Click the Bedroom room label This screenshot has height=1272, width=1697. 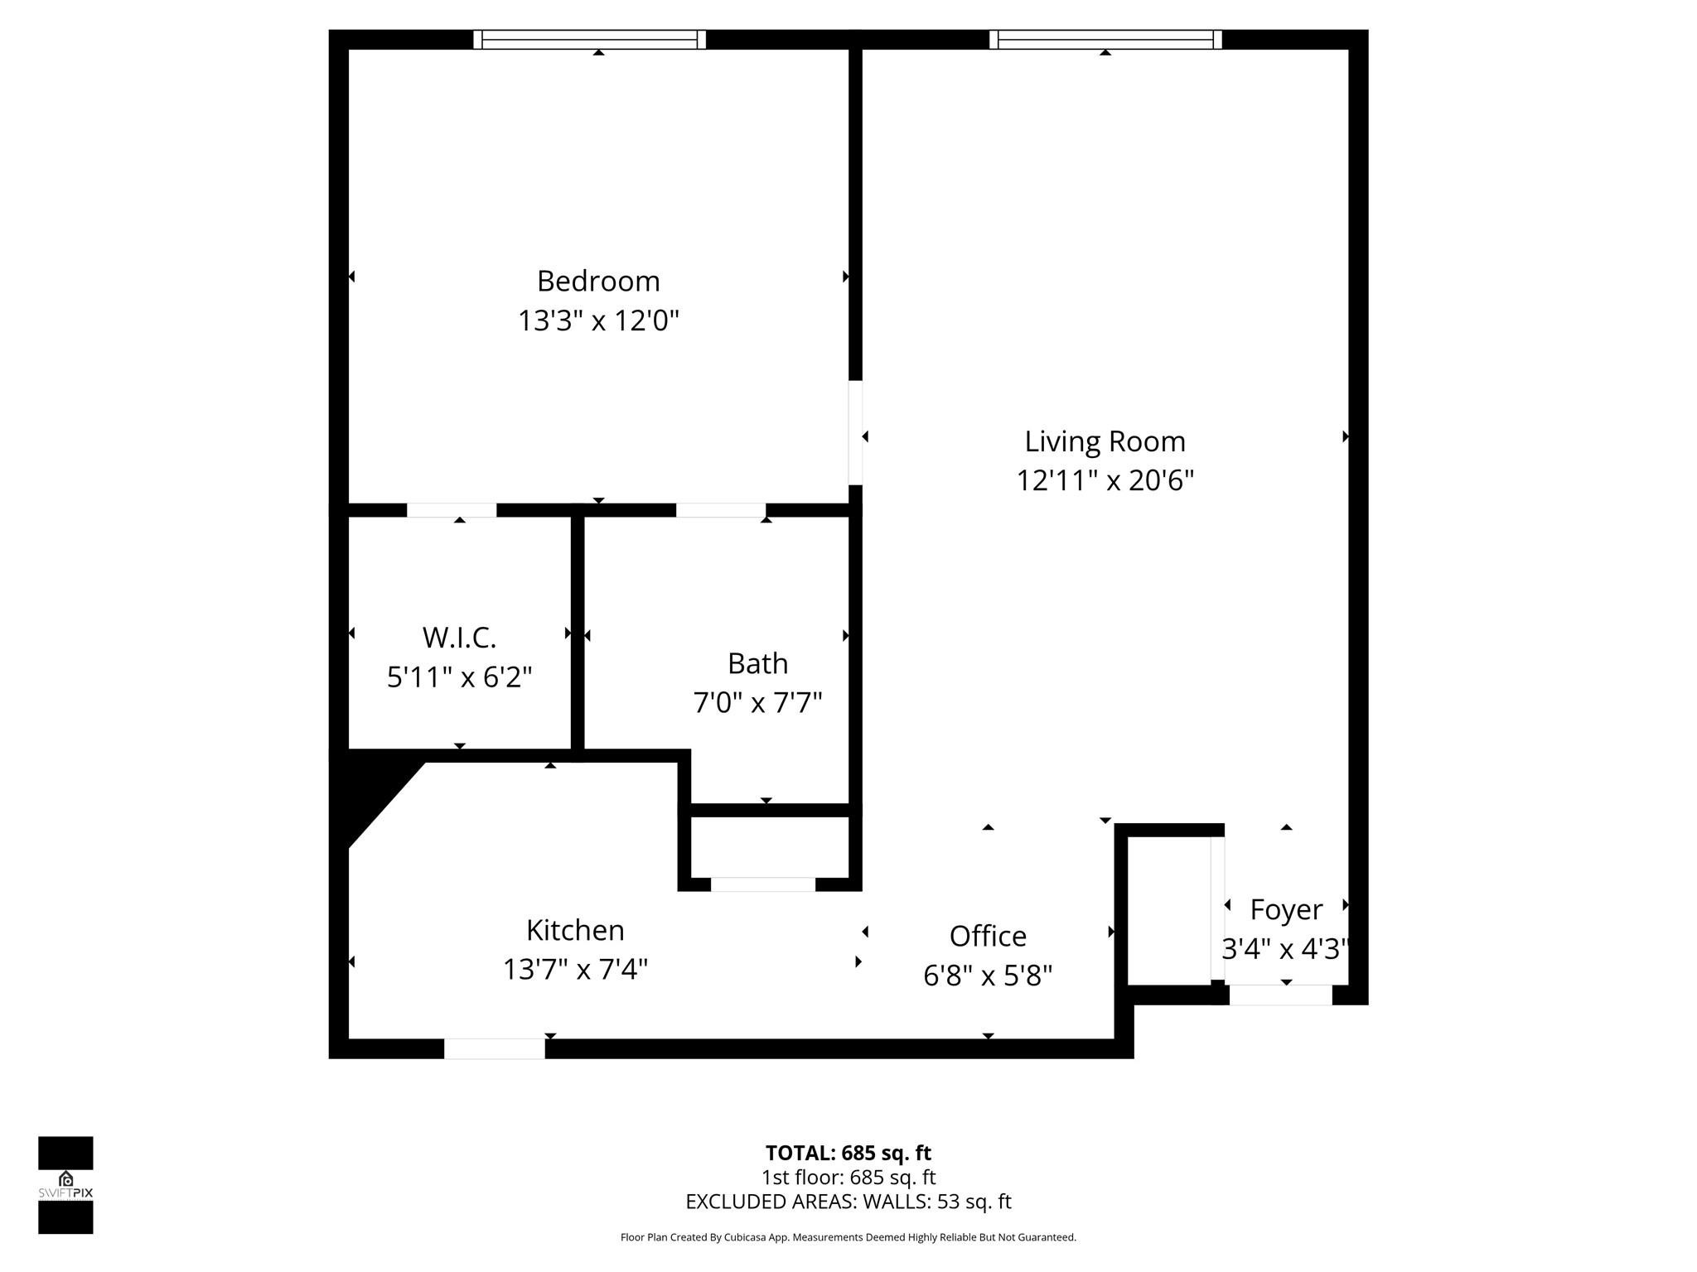[598, 282]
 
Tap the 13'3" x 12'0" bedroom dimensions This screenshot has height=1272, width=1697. [598, 320]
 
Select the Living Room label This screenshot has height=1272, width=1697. [1105, 441]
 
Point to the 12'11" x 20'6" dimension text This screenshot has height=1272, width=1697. [1105, 480]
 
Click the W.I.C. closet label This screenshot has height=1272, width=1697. [459, 638]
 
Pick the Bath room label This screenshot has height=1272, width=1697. [757, 663]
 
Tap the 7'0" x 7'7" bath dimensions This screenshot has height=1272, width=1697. [757, 703]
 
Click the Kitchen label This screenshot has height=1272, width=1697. [575, 930]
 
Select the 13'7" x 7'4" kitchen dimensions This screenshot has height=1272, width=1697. [575, 969]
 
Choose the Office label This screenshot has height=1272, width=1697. [988, 937]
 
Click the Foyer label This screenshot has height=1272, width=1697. [1285, 909]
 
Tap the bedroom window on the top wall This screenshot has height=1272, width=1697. [590, 39]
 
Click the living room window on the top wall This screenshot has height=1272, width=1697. [1105, 39]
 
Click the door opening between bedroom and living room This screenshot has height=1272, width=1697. [855, 432]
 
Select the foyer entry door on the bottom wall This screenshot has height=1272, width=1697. [1280, 995]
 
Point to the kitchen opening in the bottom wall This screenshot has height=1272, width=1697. [495, 1048]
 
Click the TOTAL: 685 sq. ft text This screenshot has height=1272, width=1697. [848, 1153]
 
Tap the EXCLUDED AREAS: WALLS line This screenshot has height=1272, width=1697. [848, 1202]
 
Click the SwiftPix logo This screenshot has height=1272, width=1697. [65, 1185]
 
